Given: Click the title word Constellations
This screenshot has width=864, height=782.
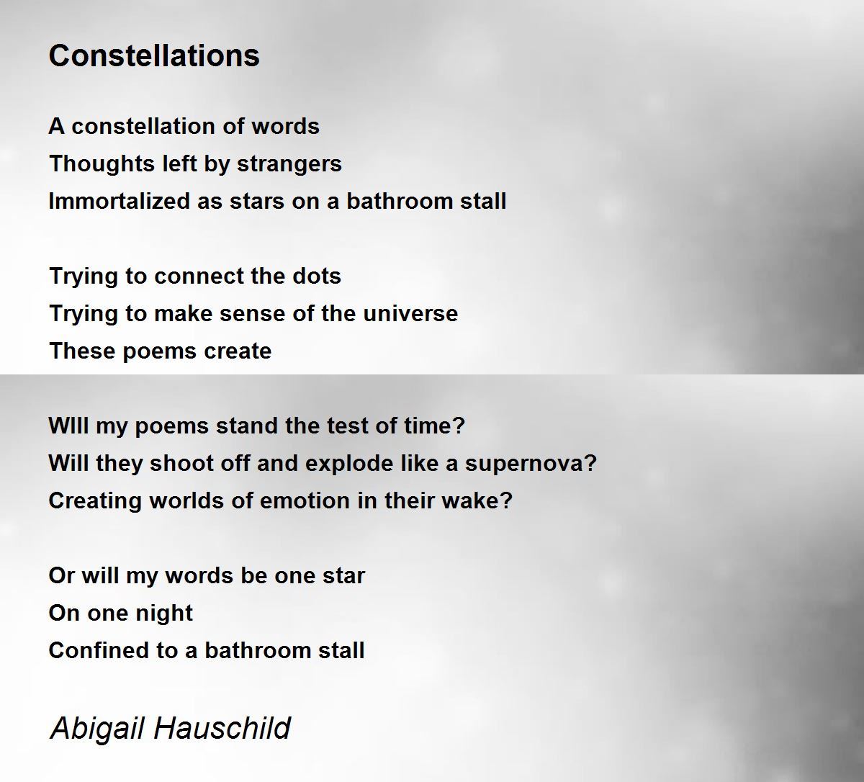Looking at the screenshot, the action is [154, 55].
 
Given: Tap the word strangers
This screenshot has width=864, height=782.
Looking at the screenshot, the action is [289, 164].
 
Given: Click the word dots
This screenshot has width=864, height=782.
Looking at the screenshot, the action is [317, 276].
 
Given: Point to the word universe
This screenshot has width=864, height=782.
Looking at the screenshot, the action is [410, 313].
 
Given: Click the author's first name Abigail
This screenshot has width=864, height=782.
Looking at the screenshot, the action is [98, 729].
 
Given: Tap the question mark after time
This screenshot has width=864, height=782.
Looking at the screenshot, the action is [459, 426].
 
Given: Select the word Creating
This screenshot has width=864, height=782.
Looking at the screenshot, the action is [95, 501].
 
